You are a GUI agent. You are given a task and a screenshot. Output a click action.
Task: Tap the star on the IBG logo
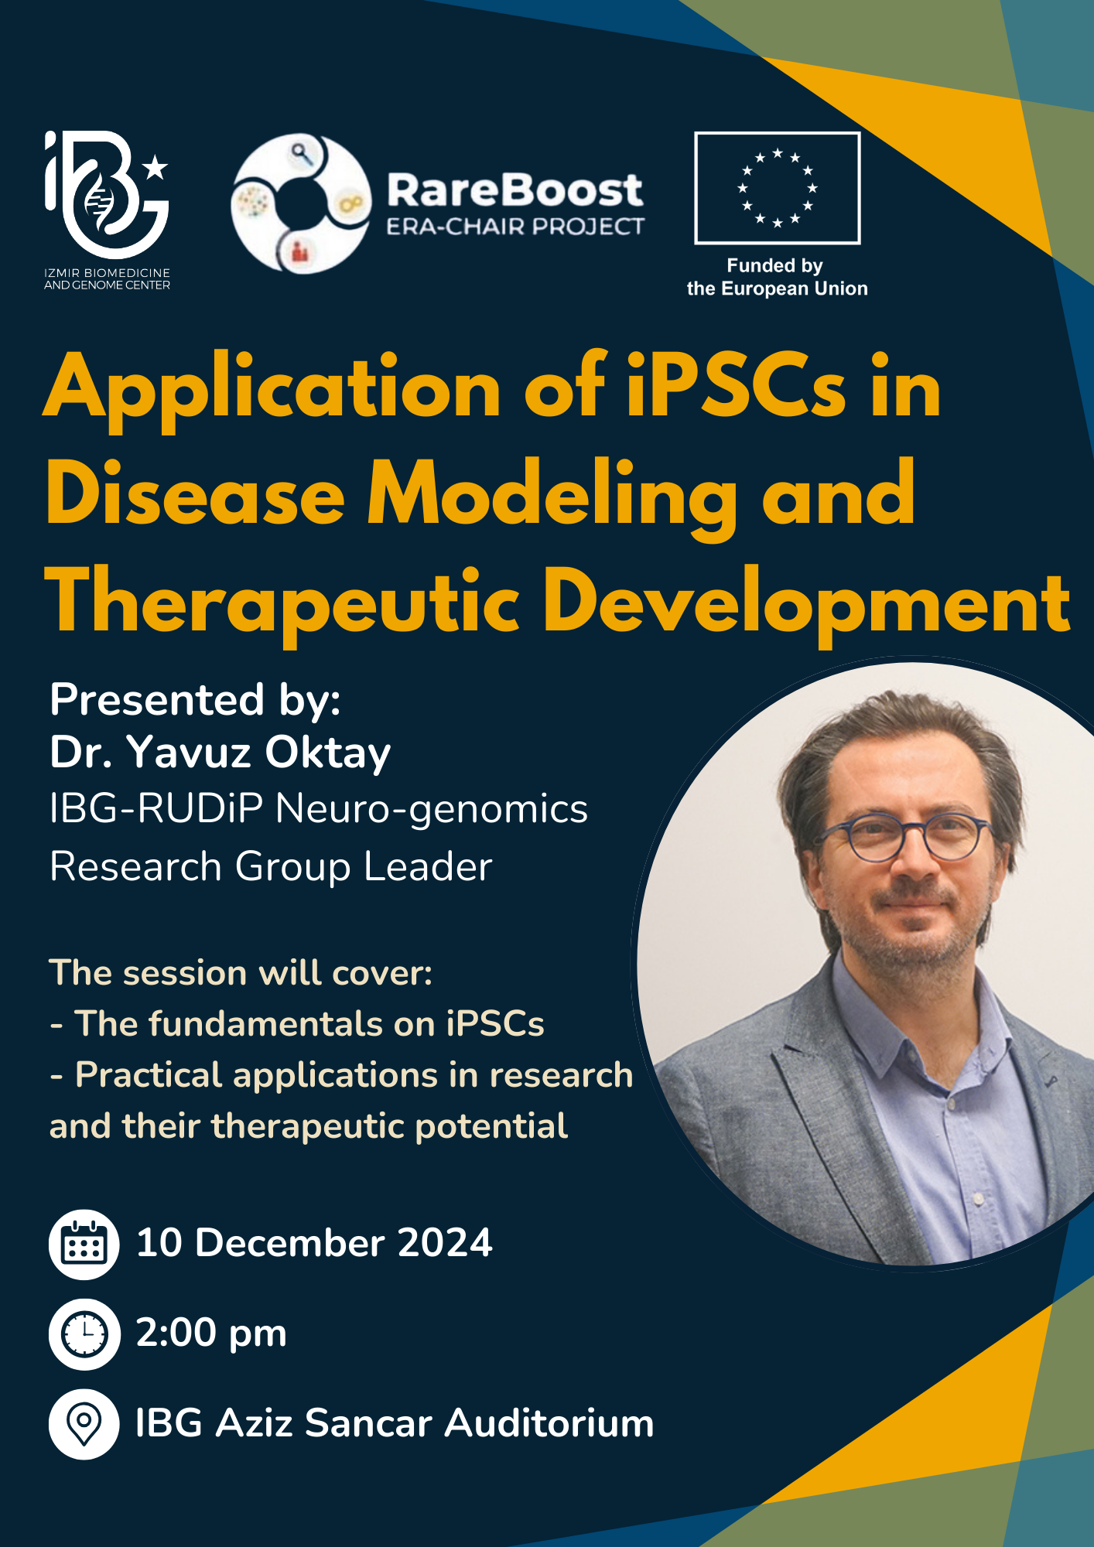coord(156,166)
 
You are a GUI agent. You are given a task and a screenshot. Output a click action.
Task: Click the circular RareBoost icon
coord(300,203)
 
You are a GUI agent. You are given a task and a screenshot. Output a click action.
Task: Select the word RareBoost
coord(515,190)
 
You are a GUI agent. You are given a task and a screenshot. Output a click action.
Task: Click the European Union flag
coord(777,188)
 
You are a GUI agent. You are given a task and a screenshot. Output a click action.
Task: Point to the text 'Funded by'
coord(774,266)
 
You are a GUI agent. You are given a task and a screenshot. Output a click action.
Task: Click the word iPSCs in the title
coord(736,388)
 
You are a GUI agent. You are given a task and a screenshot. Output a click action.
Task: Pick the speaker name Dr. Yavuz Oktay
coord(221,752)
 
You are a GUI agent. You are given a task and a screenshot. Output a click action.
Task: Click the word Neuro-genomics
coord(432,810)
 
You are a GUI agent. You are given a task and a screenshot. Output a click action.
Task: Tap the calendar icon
coord(84,1244)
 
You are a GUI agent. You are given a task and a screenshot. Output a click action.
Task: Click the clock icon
coord(84,1334)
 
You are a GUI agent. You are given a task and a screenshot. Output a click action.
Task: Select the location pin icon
coord(84,1424)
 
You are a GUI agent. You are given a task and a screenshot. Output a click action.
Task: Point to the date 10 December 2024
coord(314,1243)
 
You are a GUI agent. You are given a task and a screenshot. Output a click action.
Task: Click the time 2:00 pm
coord(211,1333)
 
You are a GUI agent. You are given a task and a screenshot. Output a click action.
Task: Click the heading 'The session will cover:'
coord(241,973)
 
